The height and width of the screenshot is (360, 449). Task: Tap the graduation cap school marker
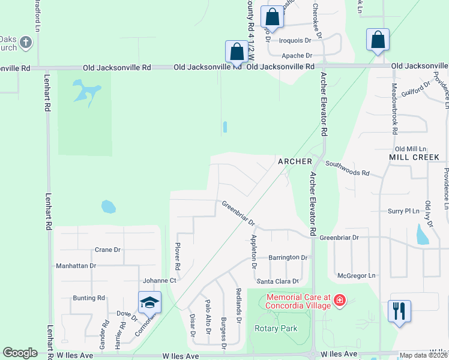pos(149,304)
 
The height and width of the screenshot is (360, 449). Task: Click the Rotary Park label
pos(276,329)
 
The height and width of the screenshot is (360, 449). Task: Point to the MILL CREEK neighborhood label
pos(414,157)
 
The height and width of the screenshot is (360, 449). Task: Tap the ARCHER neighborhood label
pos(295,161)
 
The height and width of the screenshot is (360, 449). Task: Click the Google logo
pos(20,353)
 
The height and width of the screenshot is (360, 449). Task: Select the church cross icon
pos(25,42)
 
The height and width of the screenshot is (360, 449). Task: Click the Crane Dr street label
pos(108,250)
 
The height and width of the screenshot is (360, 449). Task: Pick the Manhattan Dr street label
pos(76,265)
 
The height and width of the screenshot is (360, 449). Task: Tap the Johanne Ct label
pos(159,280)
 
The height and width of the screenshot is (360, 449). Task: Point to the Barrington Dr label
pos(288,257)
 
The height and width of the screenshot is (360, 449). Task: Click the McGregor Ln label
pos(356,275)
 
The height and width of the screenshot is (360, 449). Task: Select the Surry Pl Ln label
pos(403,211)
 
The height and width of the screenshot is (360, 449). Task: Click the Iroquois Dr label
pos(295,41)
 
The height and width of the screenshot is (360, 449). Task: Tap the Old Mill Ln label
pos(410,148)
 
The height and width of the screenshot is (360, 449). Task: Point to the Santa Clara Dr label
pos(278,281)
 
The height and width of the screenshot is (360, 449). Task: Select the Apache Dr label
pos(297,55)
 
